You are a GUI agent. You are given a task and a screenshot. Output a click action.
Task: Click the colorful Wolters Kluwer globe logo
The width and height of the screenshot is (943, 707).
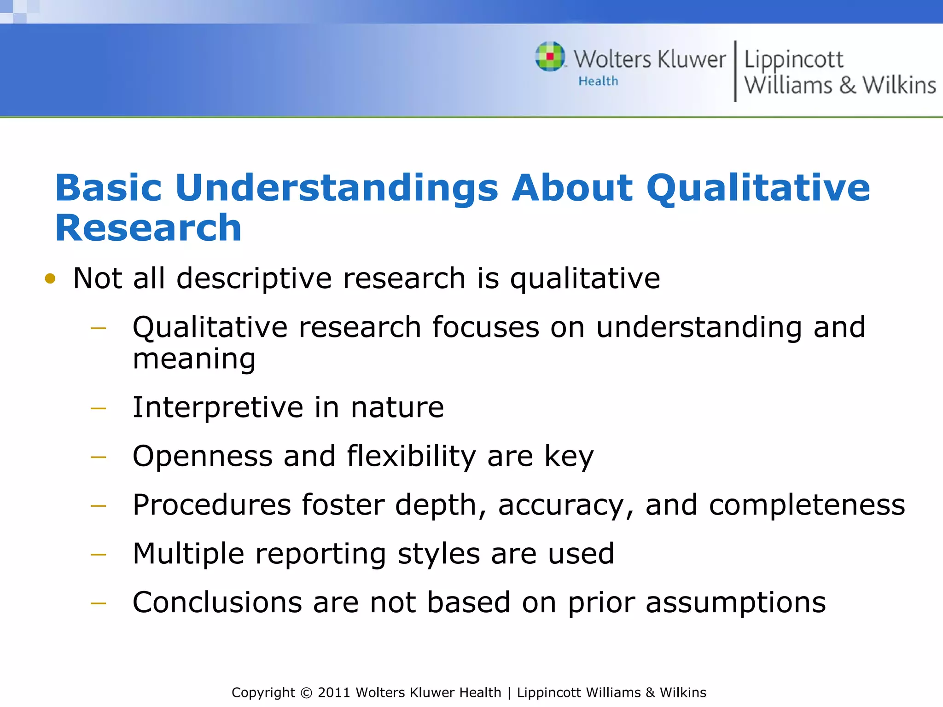[x=550, y=57]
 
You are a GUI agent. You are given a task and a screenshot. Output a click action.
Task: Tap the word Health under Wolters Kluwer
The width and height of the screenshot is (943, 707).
[x=598, y=81]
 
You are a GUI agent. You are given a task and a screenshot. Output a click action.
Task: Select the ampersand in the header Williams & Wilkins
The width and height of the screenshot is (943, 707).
[x=847, y=86]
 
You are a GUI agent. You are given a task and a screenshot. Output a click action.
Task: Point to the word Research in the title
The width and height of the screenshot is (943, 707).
[x=148, y=228]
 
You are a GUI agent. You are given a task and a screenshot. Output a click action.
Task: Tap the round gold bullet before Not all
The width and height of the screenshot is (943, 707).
[x=50, y=278]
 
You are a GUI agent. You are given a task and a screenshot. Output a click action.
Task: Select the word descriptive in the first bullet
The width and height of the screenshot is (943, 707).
[x=254, y=278]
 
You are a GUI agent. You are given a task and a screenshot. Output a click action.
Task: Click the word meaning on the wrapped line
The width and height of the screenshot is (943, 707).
[x=194, y=359]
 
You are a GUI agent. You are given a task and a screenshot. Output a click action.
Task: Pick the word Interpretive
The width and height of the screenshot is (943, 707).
[x=217, y=407]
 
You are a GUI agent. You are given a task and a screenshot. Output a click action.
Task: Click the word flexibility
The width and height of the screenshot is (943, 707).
[x=411, y=456]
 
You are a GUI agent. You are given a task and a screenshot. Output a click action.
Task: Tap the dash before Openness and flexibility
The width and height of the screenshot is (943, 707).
[x=99, y=457]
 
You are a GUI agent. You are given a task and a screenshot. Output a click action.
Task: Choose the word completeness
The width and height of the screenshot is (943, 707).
[x=807, y=505]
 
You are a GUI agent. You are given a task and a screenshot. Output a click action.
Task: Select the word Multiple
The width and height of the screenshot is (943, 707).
[x=188, y=554]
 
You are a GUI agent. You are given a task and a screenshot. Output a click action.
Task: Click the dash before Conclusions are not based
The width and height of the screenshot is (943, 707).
[x=99, y=603]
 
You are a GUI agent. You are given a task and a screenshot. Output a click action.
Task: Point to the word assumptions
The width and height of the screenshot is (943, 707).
[x=735, y=603]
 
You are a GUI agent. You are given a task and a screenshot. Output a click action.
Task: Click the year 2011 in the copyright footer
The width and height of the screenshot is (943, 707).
[x=334, y=693]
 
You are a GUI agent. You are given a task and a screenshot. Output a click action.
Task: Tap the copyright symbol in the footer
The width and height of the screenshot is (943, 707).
[x=306, y=693]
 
